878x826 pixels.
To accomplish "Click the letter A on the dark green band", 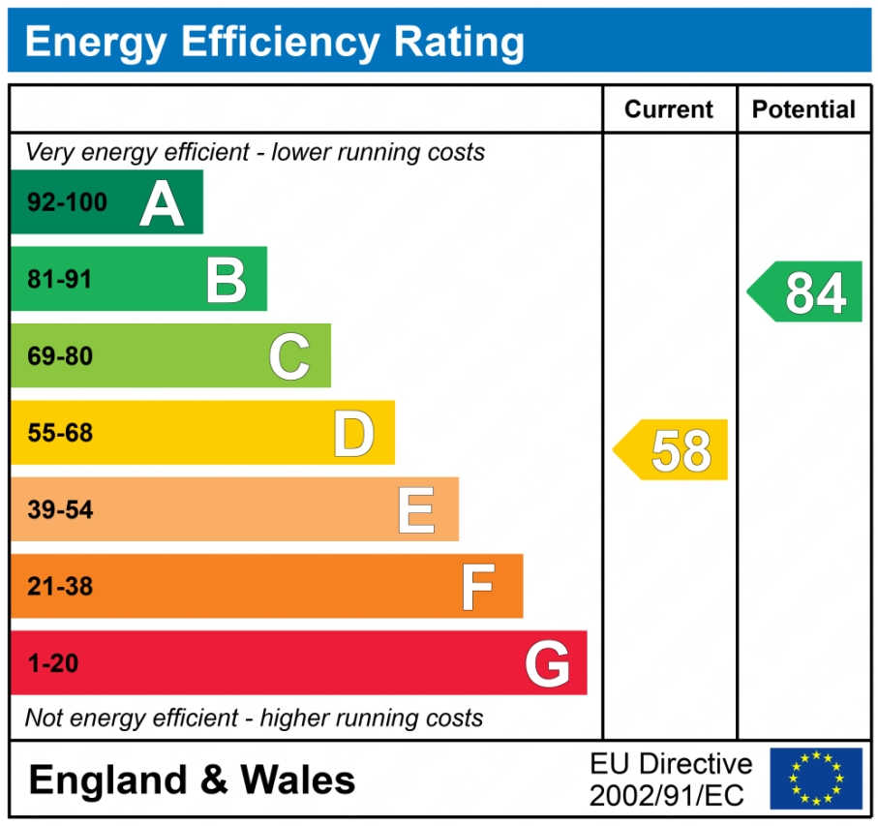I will coord(162,202).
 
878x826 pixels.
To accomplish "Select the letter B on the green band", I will coord(227,280).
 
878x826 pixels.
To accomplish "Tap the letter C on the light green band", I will coord(289,356).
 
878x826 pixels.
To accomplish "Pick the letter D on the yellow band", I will coord(353,434).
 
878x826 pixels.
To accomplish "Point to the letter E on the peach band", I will coord(416,510).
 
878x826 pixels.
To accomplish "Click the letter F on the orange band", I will coord(478,587).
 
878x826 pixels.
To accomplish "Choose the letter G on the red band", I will coord(547,664).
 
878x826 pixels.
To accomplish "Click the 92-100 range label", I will coord(68,203).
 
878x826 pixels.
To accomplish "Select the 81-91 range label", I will coord(60,280).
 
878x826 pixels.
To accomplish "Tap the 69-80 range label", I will coord(60,356).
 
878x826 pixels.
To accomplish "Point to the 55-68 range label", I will coord(60,434).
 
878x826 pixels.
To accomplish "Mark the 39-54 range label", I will coord(60,510).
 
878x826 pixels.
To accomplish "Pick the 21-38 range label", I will coord(60,587).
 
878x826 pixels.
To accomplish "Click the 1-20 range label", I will coord(53,664).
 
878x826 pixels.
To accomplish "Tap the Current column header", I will coord(669,109).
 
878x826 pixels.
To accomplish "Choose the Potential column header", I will coord(803,109).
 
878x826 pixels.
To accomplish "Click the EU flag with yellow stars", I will coord(815,779).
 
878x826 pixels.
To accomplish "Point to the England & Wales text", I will coord(192,780).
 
